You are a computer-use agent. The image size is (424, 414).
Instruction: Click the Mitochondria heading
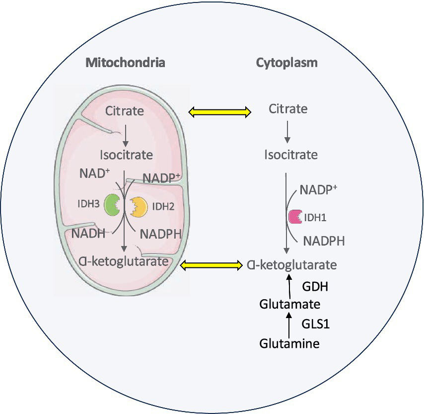coord(125,63)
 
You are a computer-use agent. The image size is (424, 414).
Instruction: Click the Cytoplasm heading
coord(287,63)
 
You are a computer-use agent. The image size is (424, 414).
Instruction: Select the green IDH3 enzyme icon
coord(113,206)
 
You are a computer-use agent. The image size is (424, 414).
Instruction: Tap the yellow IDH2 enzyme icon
coord(139,206)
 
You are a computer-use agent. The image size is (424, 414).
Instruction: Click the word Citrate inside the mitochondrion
coord(124,110)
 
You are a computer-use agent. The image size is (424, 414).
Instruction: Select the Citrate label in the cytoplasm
coord(288,108)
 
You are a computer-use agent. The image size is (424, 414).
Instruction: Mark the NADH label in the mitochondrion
coord(88,233)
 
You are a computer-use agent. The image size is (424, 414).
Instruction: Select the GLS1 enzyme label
coord(316,324)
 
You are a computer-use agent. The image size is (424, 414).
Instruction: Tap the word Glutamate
coord(289,304)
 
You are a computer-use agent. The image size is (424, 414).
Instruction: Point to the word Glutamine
coord(289,343)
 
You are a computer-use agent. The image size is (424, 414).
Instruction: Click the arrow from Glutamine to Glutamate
coord(289,324)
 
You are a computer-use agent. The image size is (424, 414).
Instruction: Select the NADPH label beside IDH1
coord(324,241)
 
